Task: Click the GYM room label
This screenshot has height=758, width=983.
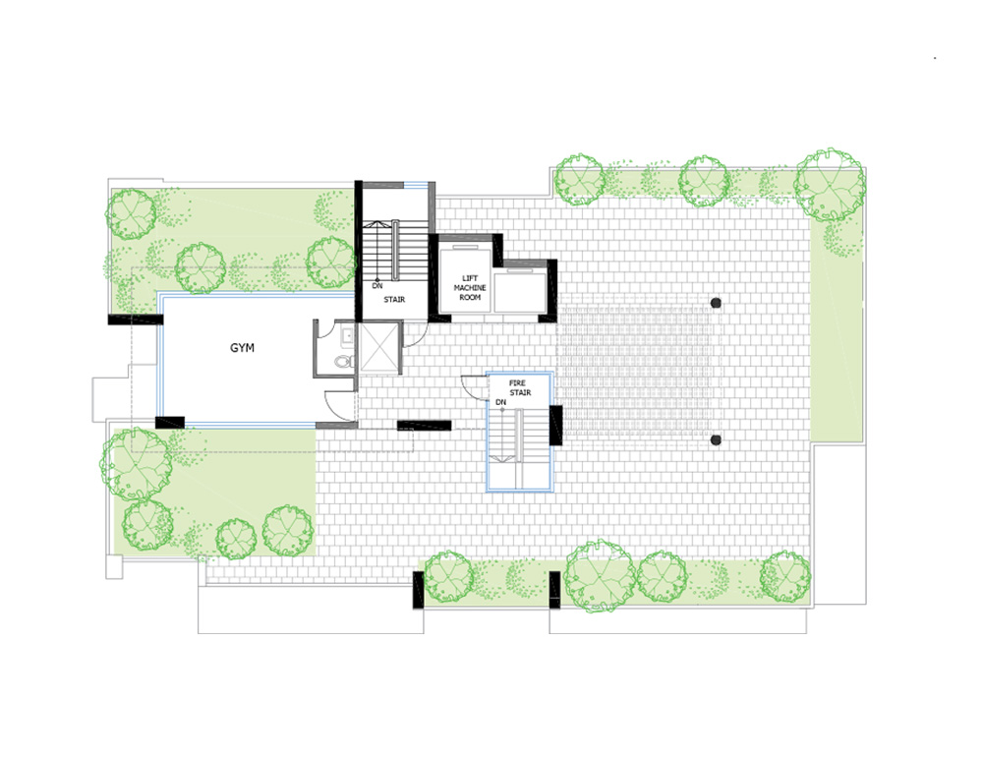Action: point(242,348)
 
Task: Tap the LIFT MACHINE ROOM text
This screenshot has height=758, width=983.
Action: point(470,288)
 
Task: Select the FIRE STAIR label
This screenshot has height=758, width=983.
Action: point(520,387)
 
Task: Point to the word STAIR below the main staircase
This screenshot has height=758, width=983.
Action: point(394,300)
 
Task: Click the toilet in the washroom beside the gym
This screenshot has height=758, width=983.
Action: point(343,361)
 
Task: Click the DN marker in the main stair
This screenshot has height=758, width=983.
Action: point(376,286)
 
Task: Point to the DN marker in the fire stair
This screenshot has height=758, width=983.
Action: point(500,402)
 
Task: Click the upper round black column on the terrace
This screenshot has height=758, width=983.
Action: point(716,303)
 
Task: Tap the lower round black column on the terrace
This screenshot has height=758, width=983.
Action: point(716,440)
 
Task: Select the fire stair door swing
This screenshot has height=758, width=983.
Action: point(474,385)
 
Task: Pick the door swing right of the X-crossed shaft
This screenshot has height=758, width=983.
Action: point(415,335)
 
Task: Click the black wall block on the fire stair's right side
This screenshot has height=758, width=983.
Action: point(555,425)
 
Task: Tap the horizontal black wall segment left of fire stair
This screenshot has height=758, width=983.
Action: point(425,426)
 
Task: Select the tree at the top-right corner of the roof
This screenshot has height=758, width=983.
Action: point(829,185)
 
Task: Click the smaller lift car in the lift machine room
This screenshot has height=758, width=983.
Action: point(520,290)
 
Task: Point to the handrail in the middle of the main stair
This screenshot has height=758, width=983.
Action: point(395,250)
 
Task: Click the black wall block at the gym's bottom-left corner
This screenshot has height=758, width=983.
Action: point(170,423)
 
